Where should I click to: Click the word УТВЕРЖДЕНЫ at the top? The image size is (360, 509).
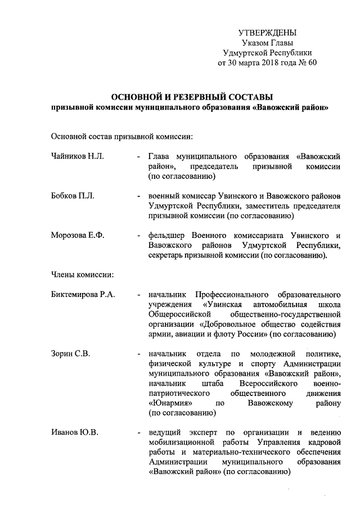267,33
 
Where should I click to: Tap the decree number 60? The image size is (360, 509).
312,63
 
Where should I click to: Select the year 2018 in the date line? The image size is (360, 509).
273,63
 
